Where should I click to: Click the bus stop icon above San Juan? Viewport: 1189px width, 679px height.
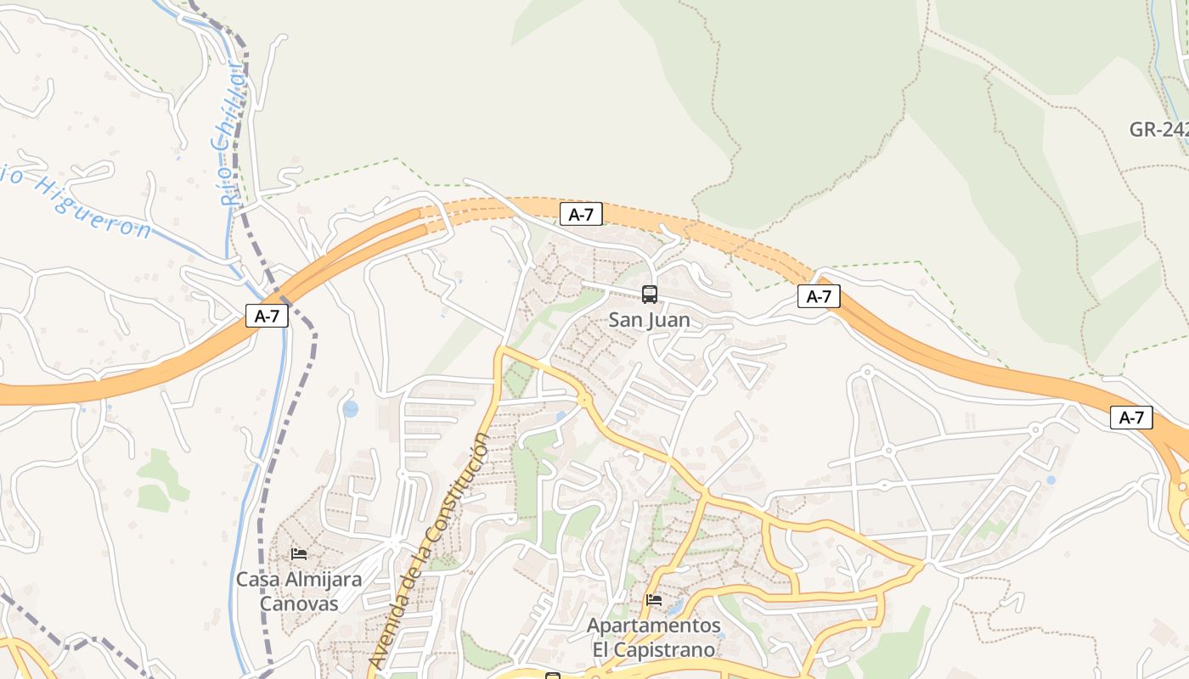coord(650,295)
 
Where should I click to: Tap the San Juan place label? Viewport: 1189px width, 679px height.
coord(650,321)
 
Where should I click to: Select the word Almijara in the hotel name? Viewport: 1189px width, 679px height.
coord(324,580)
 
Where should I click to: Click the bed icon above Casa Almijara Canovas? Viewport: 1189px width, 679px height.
coord(299,554)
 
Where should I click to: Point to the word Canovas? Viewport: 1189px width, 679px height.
coord(299,604)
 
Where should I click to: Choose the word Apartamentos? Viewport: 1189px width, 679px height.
coord(654,626)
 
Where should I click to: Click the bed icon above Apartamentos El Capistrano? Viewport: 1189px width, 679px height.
coord(654,600)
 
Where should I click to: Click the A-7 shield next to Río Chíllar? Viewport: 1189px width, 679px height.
coord(268,317)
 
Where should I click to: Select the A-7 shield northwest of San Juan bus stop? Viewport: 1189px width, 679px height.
coord(581,215)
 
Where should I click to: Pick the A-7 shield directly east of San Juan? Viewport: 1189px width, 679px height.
coord(819,296)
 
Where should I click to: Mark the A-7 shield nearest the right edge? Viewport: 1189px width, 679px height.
coord(1131,418)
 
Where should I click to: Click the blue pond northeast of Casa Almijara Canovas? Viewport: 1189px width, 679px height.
coord(351,409)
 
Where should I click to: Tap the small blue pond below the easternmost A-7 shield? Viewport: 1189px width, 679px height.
coord(1051,480)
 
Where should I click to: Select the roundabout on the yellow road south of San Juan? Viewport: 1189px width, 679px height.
coord(584,400)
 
